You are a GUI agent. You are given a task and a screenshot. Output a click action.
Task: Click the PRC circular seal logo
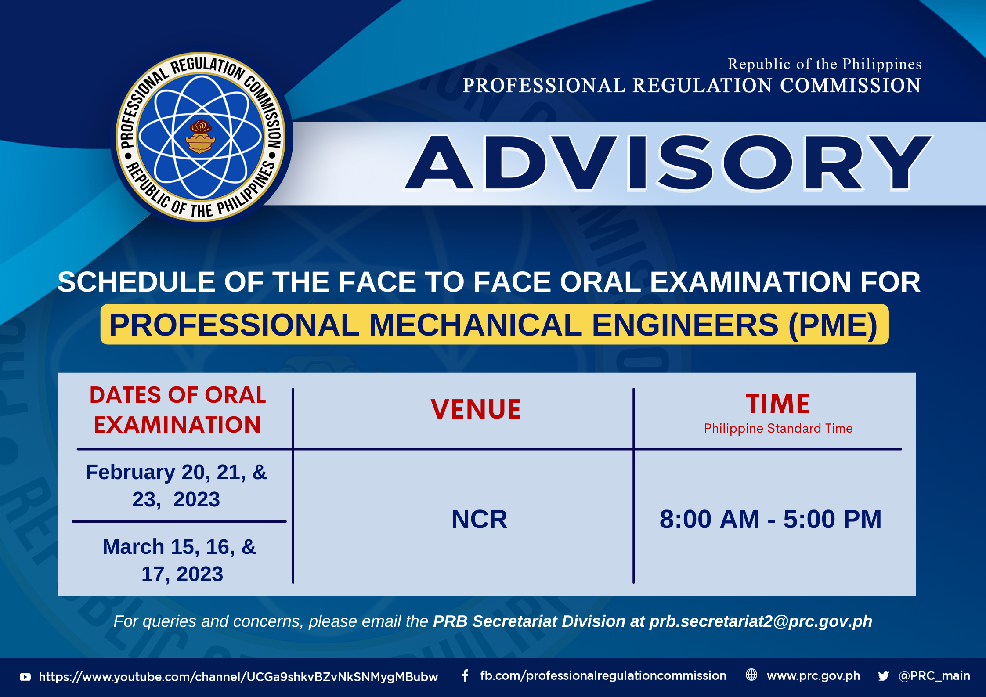(201, 137)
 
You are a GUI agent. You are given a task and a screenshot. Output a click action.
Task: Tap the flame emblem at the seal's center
(201, 137)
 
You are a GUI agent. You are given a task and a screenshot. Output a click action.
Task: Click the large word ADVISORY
(668, 163)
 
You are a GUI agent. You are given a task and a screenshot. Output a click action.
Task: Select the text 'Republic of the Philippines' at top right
(824, 64)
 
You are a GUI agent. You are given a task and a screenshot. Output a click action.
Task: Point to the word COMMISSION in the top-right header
(850, 85)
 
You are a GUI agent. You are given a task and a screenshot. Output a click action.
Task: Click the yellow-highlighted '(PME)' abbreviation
(833, 325)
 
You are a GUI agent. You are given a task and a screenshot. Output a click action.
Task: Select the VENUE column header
(476, 409)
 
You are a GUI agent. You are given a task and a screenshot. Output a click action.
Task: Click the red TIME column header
(778, 404)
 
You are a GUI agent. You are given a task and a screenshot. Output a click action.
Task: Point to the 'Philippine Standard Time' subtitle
(778, 428)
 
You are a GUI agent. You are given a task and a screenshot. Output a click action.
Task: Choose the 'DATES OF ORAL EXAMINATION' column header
(178, 410)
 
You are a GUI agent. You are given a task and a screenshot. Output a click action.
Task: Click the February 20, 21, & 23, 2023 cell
(176, 486)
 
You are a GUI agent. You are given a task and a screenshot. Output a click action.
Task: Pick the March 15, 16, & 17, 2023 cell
(180, 560)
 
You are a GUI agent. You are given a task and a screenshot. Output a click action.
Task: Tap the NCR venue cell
(479, 519)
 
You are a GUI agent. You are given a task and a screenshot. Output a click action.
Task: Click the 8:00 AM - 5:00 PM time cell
(770, 519)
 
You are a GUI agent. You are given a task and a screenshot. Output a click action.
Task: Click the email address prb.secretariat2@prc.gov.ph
(761, 621)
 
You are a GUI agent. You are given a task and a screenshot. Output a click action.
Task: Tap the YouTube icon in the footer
(25, 677)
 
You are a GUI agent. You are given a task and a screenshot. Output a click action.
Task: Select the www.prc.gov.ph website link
(813, 676)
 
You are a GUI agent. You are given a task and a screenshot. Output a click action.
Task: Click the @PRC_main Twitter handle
(934, 675)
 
